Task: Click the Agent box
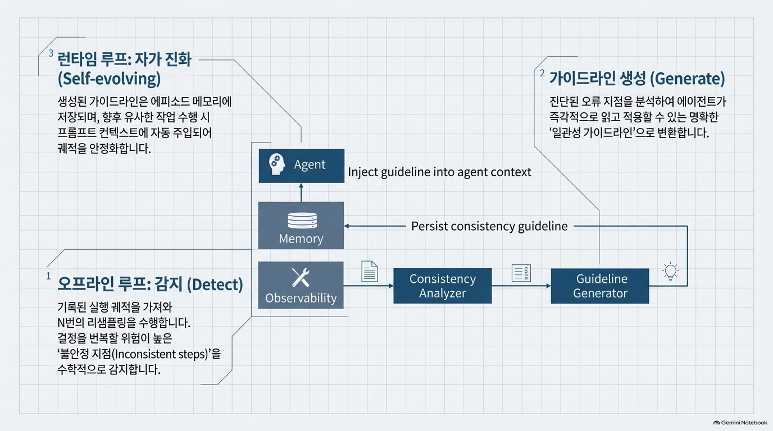301,166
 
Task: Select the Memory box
301,226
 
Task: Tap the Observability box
301,285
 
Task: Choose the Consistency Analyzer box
443,286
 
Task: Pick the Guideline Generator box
600,286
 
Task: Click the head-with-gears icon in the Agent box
277,164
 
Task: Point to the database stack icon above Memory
302,221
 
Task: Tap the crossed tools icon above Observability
301,278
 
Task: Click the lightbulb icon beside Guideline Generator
671,272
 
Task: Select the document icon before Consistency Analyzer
370,272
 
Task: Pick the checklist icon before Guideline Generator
521,273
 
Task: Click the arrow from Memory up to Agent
301,192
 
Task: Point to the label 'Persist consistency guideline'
489,226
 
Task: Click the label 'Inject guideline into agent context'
439,172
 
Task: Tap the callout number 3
51,53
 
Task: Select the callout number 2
542,73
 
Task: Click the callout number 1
49,276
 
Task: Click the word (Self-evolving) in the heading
109,79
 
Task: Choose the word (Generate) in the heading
687,79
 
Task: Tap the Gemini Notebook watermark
740,423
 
